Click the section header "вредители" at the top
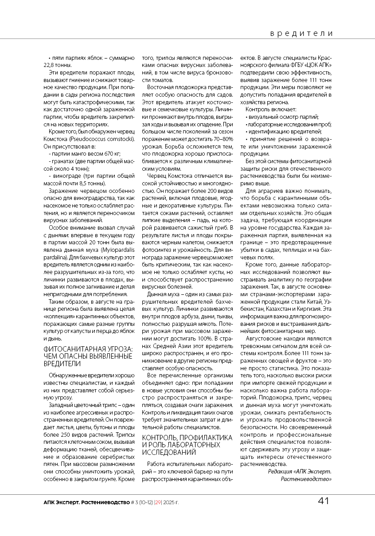(x=301, y=34)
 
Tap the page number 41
(x=324, y=501)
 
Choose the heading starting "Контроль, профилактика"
(x=187, y=438)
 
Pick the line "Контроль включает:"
(x=271, y=109)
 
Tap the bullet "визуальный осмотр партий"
(x=283, y=117)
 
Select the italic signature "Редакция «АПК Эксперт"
(x=300, y=471)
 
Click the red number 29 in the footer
(x=158, y=502)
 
